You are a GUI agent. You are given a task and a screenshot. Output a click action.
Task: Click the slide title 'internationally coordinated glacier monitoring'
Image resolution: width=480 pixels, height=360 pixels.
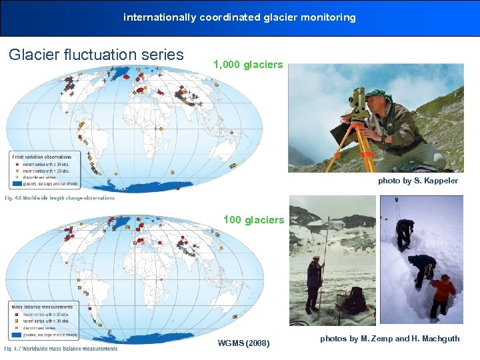point(239,17)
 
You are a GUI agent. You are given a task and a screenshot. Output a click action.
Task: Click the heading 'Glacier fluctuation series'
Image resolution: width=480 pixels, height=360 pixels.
point(96,55)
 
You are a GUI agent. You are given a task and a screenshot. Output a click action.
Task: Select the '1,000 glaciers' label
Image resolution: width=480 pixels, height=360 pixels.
point(248,65)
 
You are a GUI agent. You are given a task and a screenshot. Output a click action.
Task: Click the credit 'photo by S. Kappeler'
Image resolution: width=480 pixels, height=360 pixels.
point(418,181)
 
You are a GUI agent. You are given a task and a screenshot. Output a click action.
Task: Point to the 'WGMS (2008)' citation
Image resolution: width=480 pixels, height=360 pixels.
point(244,343)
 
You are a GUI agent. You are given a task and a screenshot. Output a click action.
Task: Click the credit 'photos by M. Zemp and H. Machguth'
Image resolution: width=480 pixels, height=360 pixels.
point(389,339)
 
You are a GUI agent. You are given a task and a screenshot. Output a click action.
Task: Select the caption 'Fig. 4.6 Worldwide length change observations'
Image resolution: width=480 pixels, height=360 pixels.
point(60,198)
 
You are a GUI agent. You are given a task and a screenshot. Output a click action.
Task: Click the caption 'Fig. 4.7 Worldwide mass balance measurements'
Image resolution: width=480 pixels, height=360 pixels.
point(61,349)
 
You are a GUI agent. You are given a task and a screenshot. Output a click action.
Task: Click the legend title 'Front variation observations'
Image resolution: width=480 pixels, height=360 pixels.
point(41,157)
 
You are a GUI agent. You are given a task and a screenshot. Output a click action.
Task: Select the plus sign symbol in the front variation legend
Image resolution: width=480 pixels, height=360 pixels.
point(16,178)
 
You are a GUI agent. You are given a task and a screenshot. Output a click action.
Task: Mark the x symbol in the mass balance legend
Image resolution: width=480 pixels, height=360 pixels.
point(16,328)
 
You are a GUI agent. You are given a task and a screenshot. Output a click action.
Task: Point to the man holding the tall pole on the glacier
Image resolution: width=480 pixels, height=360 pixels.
point(314,283)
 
